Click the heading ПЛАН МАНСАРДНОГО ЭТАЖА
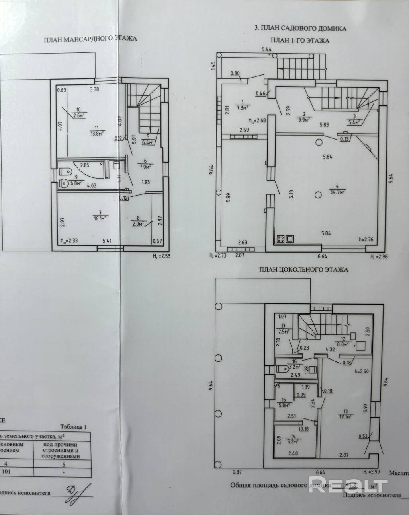(90, 39)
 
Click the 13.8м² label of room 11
(97, 133)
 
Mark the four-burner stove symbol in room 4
(285, 239)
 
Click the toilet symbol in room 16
(283, 369)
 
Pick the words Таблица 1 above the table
(73, 427)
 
